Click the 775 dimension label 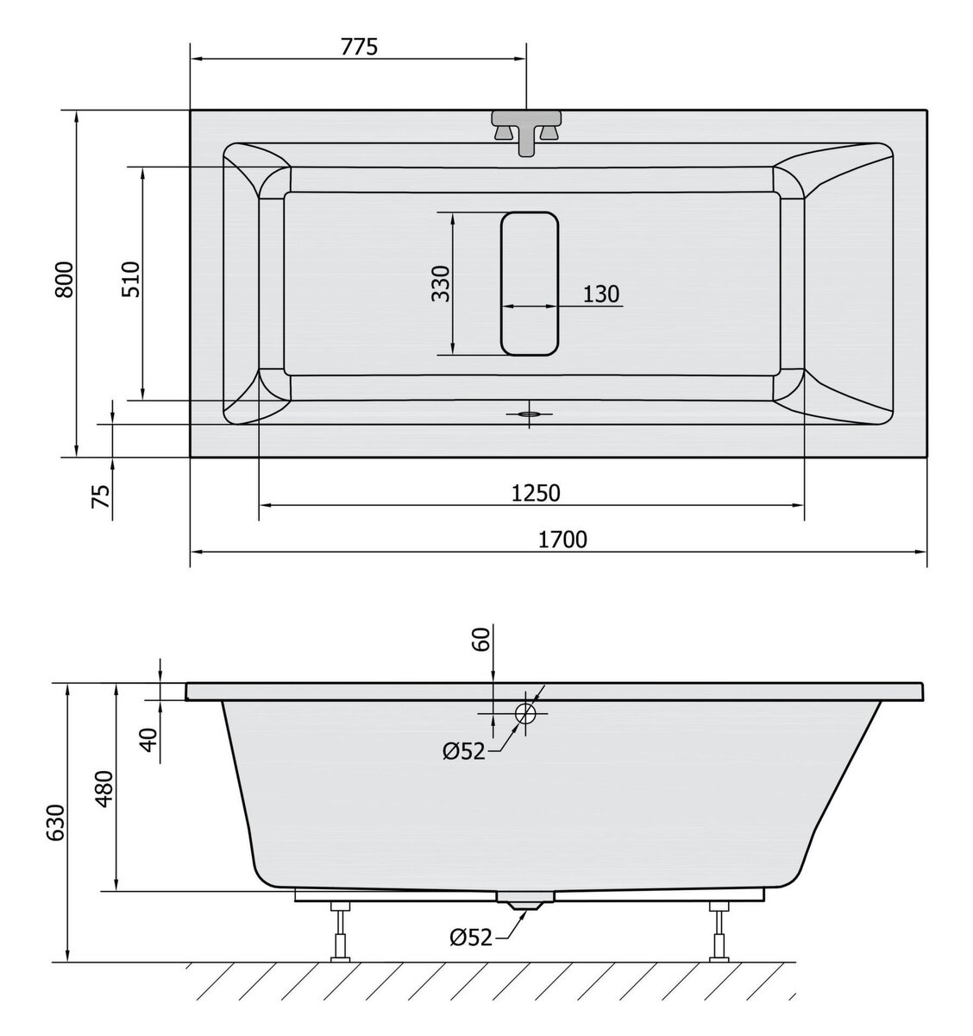(359, 47)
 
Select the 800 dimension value (66, 280)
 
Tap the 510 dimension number (131, 280)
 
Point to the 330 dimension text (441, 284)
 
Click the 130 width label (600, 294)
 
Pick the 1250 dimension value (536, 493)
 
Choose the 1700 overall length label (562, 540)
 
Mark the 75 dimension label (101, 496)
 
